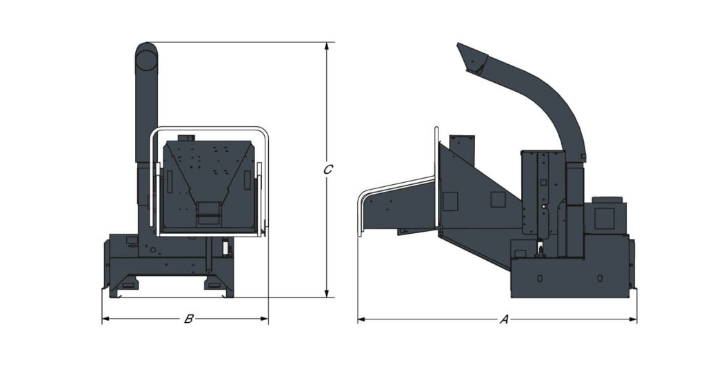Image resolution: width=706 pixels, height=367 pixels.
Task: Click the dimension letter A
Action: [504, 319]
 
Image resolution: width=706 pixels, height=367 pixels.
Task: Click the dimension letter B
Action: [189, 319]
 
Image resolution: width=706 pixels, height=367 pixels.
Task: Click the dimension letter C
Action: [328, 169]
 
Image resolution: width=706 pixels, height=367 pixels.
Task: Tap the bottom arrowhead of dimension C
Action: [327, 294]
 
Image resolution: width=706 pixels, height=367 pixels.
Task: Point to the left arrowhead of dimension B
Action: [105, 319]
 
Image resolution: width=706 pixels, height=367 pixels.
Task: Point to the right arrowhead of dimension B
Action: [264, 319]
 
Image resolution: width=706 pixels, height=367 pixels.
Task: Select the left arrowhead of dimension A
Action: [361, 319]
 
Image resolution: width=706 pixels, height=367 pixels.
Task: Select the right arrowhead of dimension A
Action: [633, 319]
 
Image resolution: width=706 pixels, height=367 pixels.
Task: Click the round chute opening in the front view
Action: [146, 59]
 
